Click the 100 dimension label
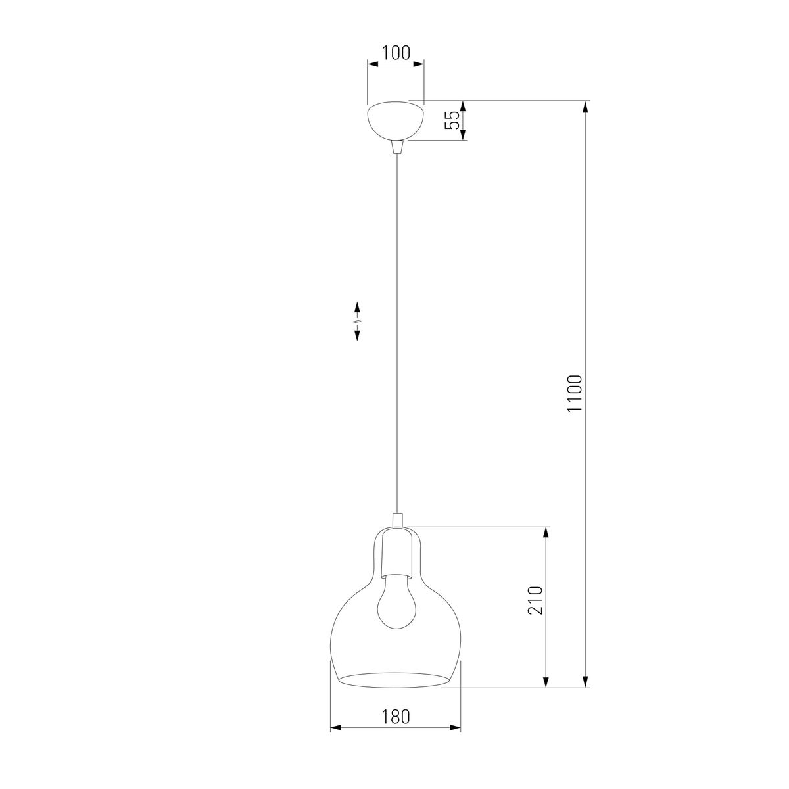pyautogui.click(x=396, y=53)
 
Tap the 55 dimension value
pyautogui.click(x=452, y=120)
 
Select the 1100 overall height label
pyautogui.click(x=575, y=393)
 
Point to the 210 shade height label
pyautogui.click(x=535, y=600)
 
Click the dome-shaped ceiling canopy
pyautogui.click(x=396, y=121)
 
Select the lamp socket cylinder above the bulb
pyautogui.click(x=396, y=554)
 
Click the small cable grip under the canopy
pyautogui.click(x=396, y=147)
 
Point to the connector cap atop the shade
pyautogui.click(x=396, y=520)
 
